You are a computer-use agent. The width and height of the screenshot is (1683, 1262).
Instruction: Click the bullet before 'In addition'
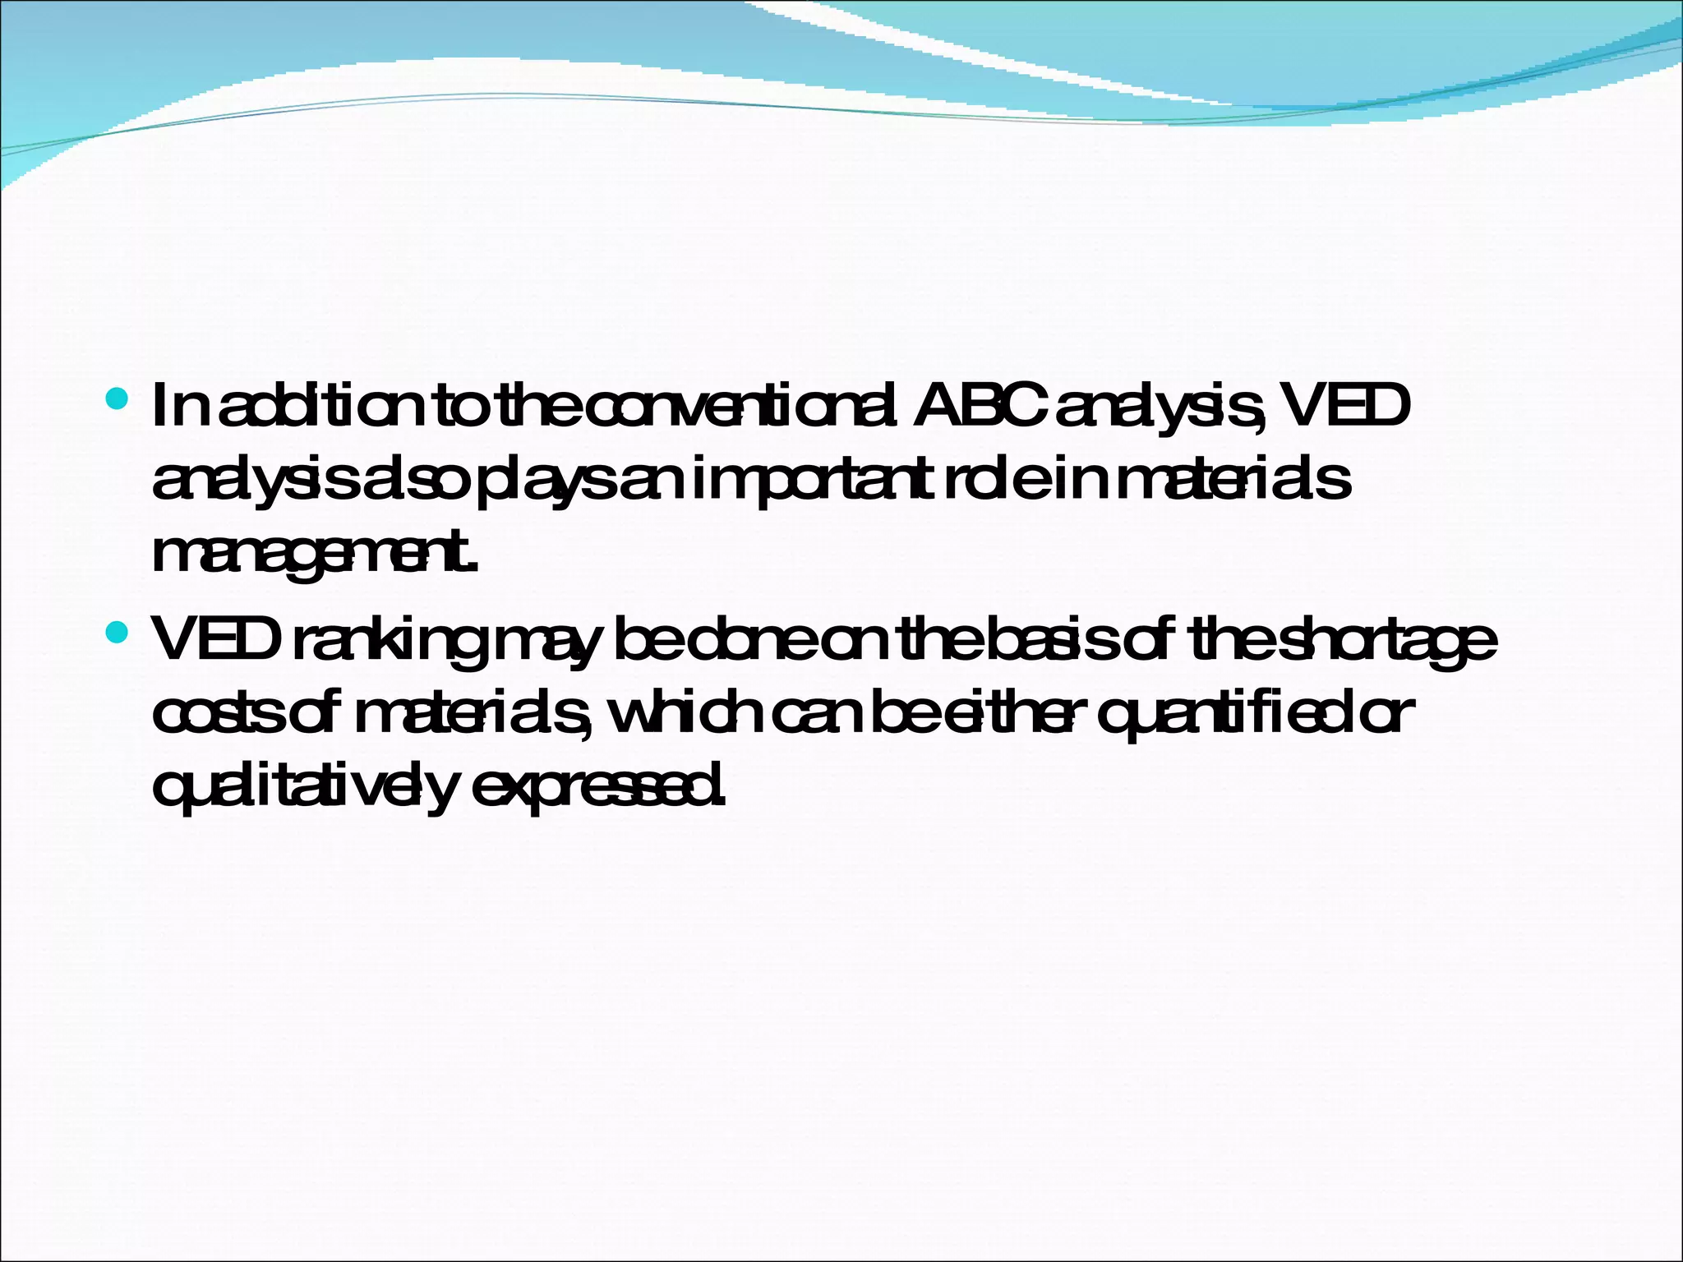click(118, 400)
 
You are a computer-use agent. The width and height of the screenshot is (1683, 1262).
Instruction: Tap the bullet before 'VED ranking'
click(118, 632)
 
